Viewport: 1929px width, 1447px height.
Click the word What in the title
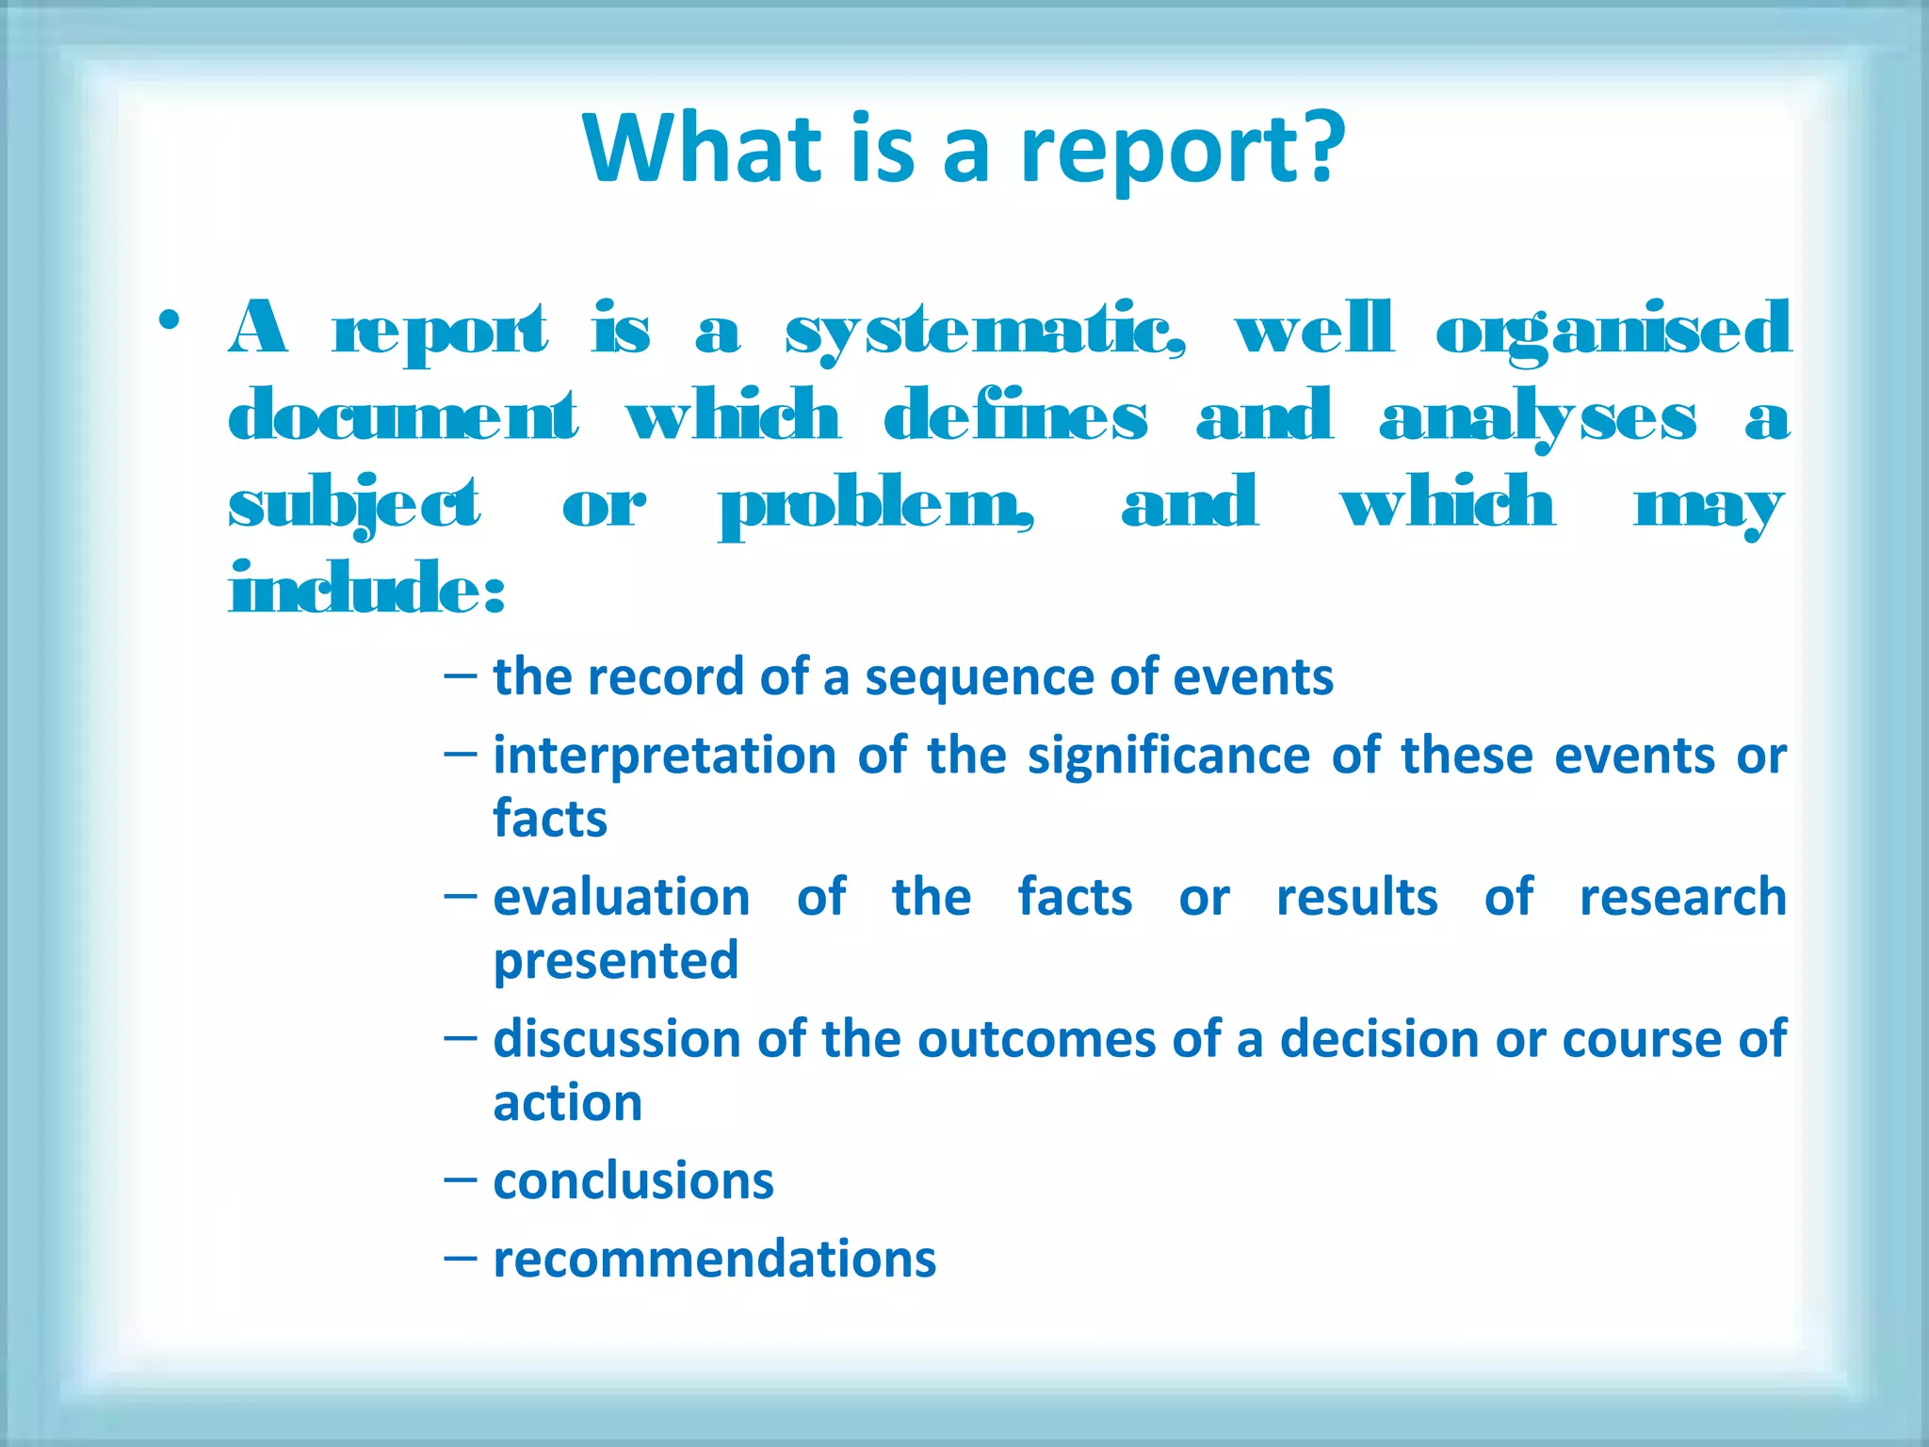[703, 149]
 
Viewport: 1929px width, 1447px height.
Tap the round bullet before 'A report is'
[170, 321]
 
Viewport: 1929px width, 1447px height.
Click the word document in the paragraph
[403, 416]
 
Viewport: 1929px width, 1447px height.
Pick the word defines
[1015, 416]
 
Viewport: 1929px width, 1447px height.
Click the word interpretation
[664, 756]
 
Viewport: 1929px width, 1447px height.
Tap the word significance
[1168, 756]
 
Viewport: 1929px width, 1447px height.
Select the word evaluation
[622, 897]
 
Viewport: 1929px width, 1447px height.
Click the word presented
[616, 961]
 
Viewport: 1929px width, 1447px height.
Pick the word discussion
[616, 1039]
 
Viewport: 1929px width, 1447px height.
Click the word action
[567, 1102]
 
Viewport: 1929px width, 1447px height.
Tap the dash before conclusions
[460, 1179]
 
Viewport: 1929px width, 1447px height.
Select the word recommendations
[714, 1260]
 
